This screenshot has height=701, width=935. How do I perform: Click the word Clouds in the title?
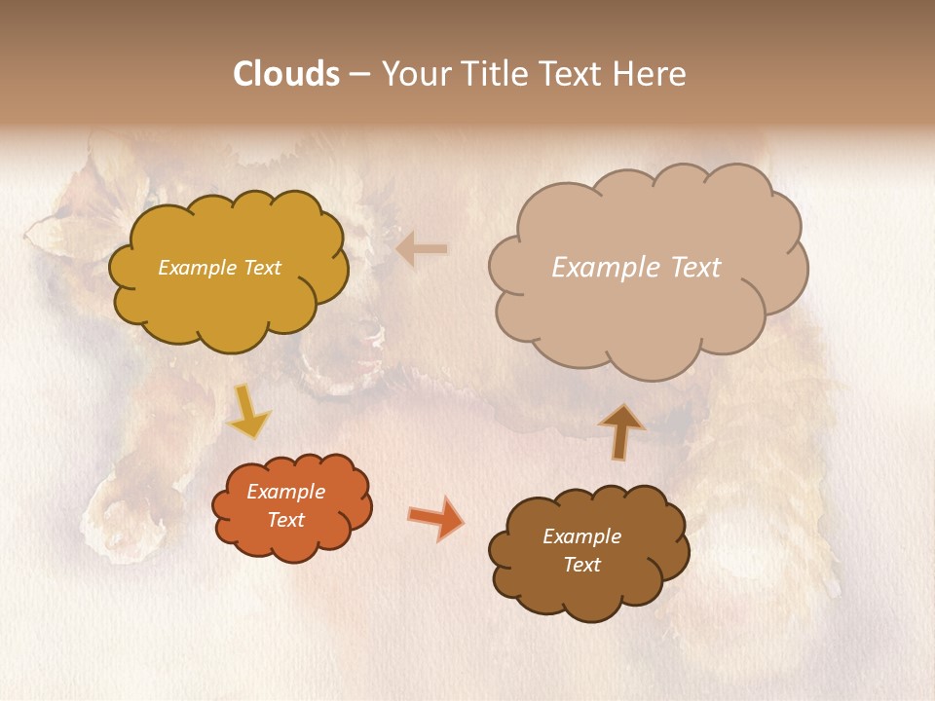[286, 74]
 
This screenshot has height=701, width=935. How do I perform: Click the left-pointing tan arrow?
[422, 250]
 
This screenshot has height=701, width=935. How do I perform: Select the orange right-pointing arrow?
[436, 518]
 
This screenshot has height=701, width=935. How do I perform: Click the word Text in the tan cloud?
[695, 268]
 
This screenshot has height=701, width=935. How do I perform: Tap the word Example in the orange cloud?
[285, 492]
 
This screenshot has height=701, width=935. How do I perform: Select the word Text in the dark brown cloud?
[581, 565]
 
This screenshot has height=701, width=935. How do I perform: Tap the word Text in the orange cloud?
[285, 520]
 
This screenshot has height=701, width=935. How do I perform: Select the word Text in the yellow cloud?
[261, 268]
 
